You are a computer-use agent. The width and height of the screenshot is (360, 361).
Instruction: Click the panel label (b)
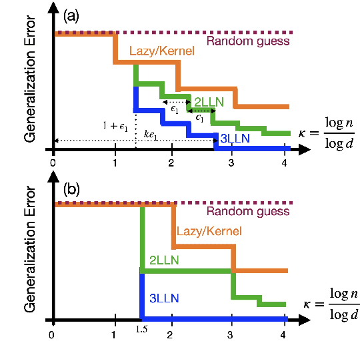tap(71, 188)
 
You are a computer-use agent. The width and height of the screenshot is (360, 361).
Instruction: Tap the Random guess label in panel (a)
tap(248, 41)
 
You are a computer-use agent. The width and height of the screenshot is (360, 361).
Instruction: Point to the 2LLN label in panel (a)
tap(209, 102)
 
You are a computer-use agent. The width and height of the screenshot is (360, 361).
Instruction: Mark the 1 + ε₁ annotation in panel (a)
tap(115, 126)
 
